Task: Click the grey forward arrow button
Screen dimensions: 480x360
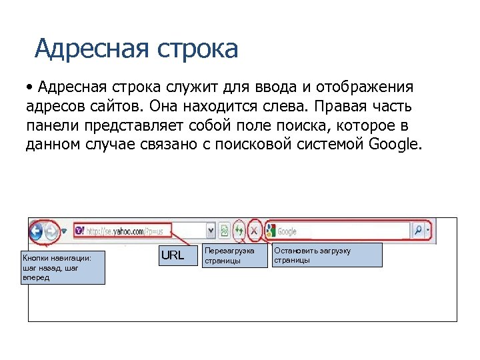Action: click(x=52, y=231)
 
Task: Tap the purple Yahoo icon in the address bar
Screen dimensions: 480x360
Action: click(x=79, y=231)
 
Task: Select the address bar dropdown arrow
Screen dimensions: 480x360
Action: click(x=211, y=231)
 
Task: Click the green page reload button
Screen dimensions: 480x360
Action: click(x=239, y=231)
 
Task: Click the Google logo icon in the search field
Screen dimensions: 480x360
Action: click(x=270, y=231)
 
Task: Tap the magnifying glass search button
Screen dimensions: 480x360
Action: click(x=419, y=231)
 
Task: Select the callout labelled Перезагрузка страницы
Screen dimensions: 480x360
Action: click(x=229, y=255)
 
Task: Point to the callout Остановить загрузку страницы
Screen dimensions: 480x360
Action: click(x=327, y=255)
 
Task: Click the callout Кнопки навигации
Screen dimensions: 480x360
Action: click(x=63, y=267)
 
